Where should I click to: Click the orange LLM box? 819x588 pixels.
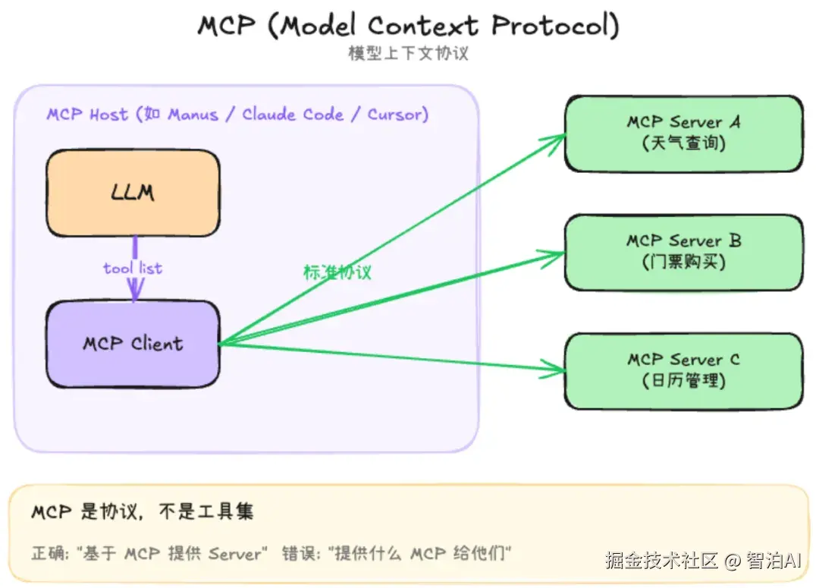133,193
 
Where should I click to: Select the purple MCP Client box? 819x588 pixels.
133,344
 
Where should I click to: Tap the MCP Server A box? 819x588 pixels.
683,133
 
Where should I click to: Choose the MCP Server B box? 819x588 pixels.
683,252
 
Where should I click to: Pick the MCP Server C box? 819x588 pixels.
683,370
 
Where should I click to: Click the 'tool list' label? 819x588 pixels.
133,268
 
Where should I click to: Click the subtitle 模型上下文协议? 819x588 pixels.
409,54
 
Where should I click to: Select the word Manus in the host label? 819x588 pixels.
193,115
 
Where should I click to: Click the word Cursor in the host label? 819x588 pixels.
395,115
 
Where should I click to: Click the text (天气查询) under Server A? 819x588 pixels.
683,143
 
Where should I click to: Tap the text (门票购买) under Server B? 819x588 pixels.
683,262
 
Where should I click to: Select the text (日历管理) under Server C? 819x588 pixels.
683,380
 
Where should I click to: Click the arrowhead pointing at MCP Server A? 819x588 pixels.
560,137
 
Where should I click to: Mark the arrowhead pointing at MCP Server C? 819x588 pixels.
560,370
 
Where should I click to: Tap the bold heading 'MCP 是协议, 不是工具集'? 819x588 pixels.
142,512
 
